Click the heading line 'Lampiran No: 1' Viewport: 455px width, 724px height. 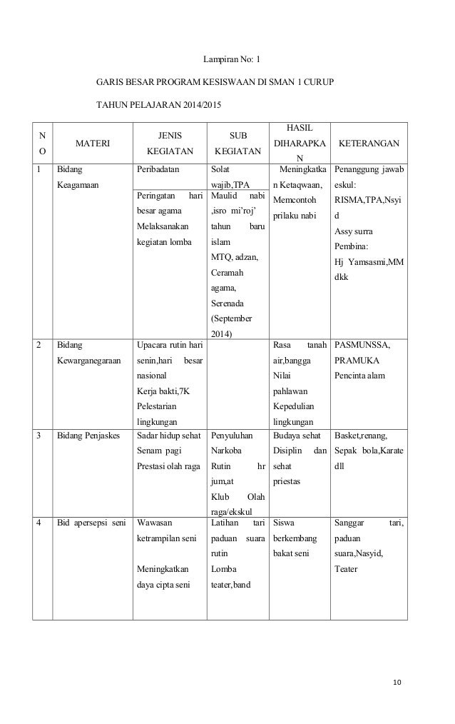coord(228,60)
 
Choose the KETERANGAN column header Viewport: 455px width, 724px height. coord(369,143)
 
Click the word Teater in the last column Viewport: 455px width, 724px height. coord(347,570)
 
